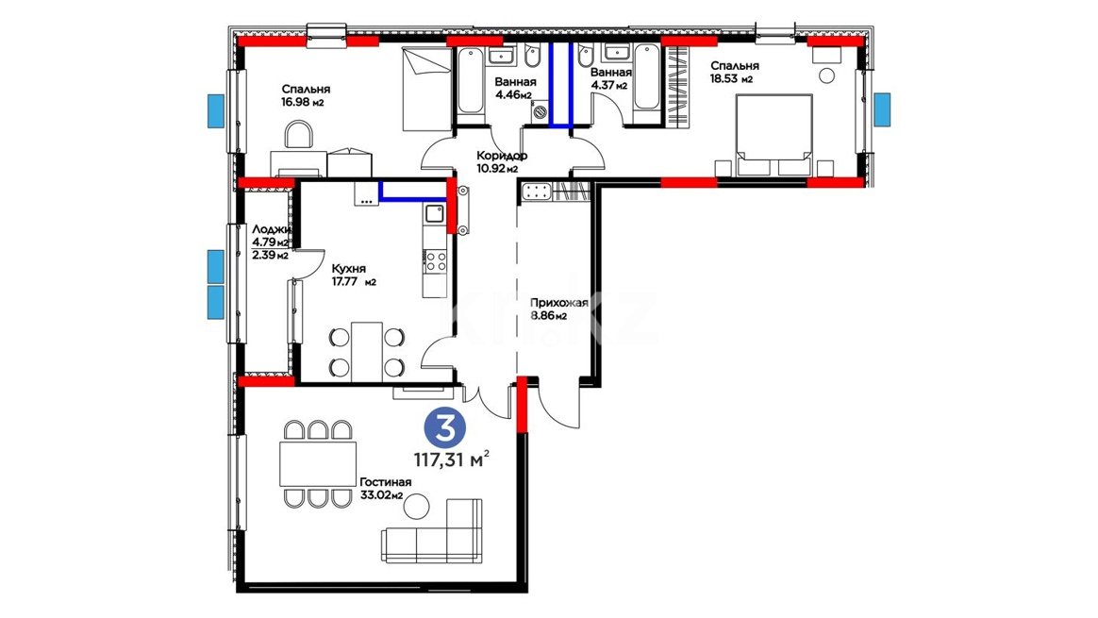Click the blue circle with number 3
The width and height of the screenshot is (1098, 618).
445,427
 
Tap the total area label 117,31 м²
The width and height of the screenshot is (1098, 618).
451,460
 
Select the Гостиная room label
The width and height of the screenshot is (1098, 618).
385,482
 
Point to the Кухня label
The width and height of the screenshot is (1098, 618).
349,269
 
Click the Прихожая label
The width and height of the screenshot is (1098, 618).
558,304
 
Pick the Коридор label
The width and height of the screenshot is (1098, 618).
502,156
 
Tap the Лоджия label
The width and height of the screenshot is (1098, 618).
272,229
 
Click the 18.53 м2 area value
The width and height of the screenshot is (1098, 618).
731,79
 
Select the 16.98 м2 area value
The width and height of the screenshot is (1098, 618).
303,102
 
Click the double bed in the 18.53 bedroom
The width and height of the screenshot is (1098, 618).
774,135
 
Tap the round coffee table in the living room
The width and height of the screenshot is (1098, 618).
418,506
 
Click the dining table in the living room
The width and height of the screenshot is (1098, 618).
318,464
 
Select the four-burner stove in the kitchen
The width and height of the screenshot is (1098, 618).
436,261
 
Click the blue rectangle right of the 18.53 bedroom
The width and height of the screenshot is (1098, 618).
882,110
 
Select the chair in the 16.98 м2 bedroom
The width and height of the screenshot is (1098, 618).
300,135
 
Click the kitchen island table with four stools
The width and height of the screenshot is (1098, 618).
367,352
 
